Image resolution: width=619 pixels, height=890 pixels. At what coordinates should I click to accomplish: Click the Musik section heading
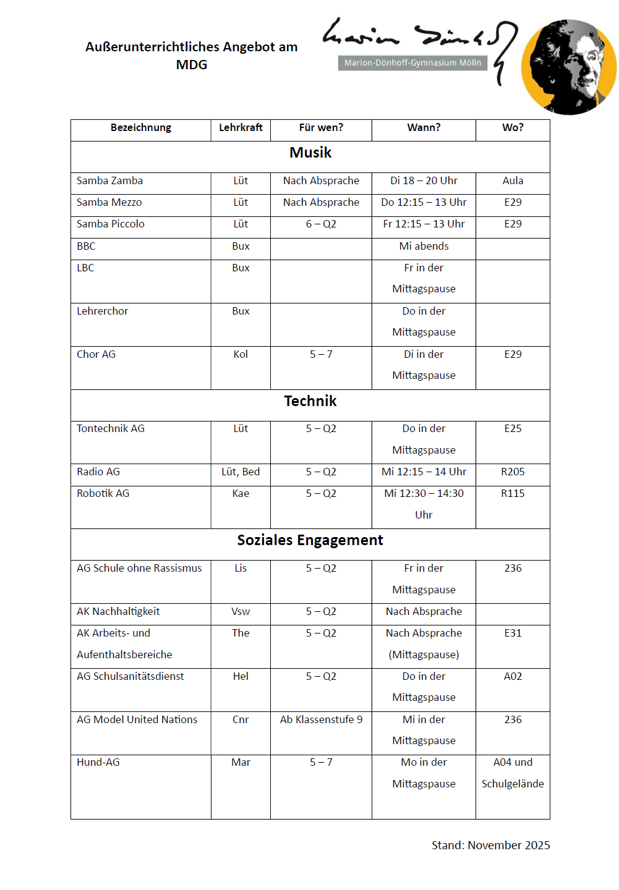click(x=310, y=153)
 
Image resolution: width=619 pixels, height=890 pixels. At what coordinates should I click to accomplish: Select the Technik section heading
click(x=310, y=401)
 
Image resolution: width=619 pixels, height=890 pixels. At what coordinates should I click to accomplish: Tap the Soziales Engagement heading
click(x=310, y=540)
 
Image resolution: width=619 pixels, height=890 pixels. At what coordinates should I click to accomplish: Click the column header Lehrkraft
click(x=241, y=127)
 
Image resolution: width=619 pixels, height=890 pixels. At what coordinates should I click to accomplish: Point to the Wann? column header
click(x=424, y=127)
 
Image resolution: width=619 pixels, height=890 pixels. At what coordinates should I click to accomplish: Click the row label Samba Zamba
click(x=109, y=180)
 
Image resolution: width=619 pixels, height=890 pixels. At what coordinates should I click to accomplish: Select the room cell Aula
click(x=513, y=180)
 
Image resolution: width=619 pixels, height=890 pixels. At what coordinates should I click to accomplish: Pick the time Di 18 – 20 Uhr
click(x=424, y=180)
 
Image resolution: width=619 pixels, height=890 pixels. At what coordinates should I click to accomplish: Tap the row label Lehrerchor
click(x=102, y=311)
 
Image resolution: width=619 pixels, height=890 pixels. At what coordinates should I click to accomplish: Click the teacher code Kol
click(x=241, y=354)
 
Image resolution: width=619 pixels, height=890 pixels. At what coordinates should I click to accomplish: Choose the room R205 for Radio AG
click(x=513, y=472)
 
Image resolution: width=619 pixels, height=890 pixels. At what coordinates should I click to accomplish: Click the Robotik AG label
click(x=103, y=493)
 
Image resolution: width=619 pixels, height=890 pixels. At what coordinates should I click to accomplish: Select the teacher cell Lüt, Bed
click(x=241, y=472)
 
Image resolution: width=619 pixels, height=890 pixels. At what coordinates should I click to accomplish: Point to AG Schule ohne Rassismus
click(x=139, y=568)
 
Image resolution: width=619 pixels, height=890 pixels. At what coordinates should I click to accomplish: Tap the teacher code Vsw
click(x=241, y=611)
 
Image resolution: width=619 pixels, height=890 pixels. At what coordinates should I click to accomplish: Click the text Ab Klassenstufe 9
click(x=321, y=719)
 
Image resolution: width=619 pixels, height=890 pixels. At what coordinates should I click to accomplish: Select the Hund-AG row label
click(x=98, y=762)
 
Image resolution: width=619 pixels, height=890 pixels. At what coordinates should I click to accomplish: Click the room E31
click(x=513, y=633)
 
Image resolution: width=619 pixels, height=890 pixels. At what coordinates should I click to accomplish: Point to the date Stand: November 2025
click(x=490, y=845)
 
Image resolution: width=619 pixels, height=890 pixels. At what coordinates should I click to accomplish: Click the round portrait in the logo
click(x=568, y=67)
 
